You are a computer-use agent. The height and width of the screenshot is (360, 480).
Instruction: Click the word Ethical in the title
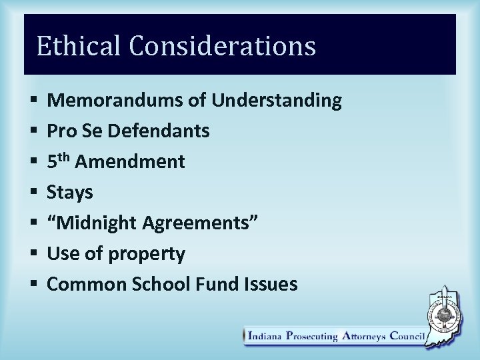click(79, 46)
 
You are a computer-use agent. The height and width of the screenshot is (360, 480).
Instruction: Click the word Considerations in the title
click(222, 46)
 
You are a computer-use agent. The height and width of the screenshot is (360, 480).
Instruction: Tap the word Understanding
click(277, 101)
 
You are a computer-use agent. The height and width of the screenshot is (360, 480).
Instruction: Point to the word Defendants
click(158, 131)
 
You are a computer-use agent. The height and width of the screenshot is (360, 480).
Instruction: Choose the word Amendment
click(131, 162)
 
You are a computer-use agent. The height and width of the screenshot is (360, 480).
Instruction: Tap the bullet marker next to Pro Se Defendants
click(33, 131)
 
